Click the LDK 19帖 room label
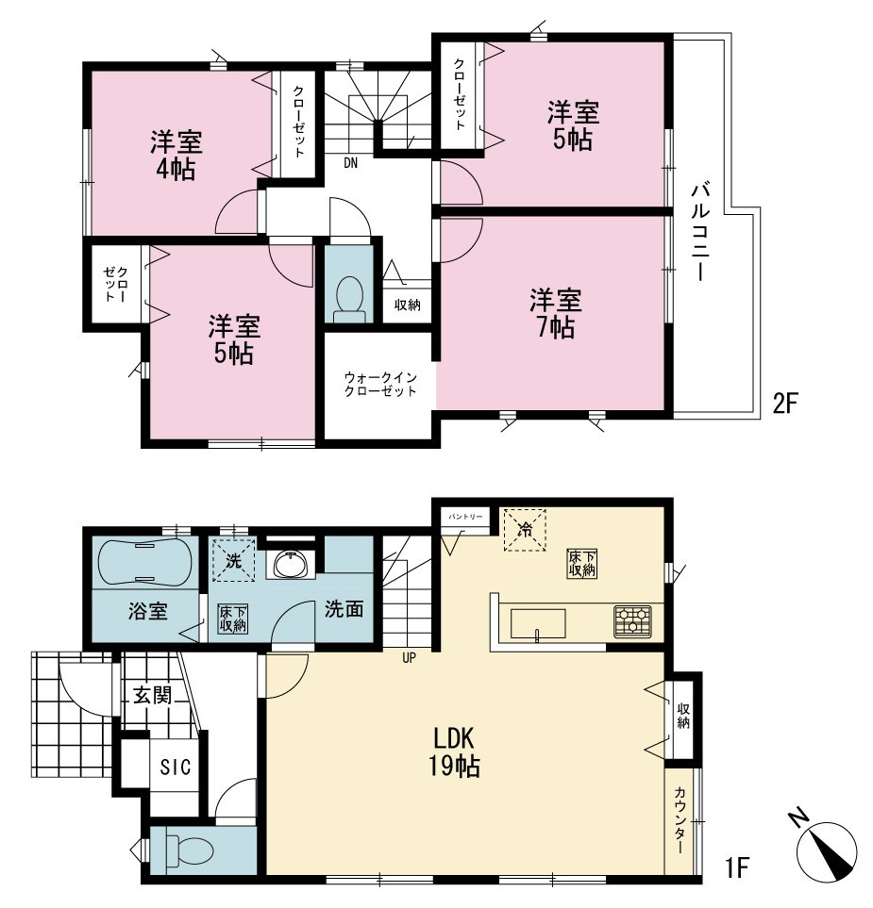(x=455, y=752)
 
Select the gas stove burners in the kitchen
(x=633, y=621)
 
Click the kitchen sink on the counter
(x=538, y=623)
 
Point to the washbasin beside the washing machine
(x=291, y=564)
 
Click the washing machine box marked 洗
(x=234, y=560)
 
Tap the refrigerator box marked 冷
(x=525, y=530)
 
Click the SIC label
(x=175, y=767)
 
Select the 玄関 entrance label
(x=153, y=695)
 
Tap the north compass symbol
(x=827, y=849)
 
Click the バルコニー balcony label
(x=701, y=232)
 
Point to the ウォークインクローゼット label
(x=380, y=384)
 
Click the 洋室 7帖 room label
(x=555, y=314)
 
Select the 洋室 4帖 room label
(x=176, y=156)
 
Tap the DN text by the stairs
(x=351, y=163)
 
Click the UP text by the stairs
(x=410, y=658)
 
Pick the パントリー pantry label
(x=465, y=516)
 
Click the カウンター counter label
(x=680, y=820)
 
